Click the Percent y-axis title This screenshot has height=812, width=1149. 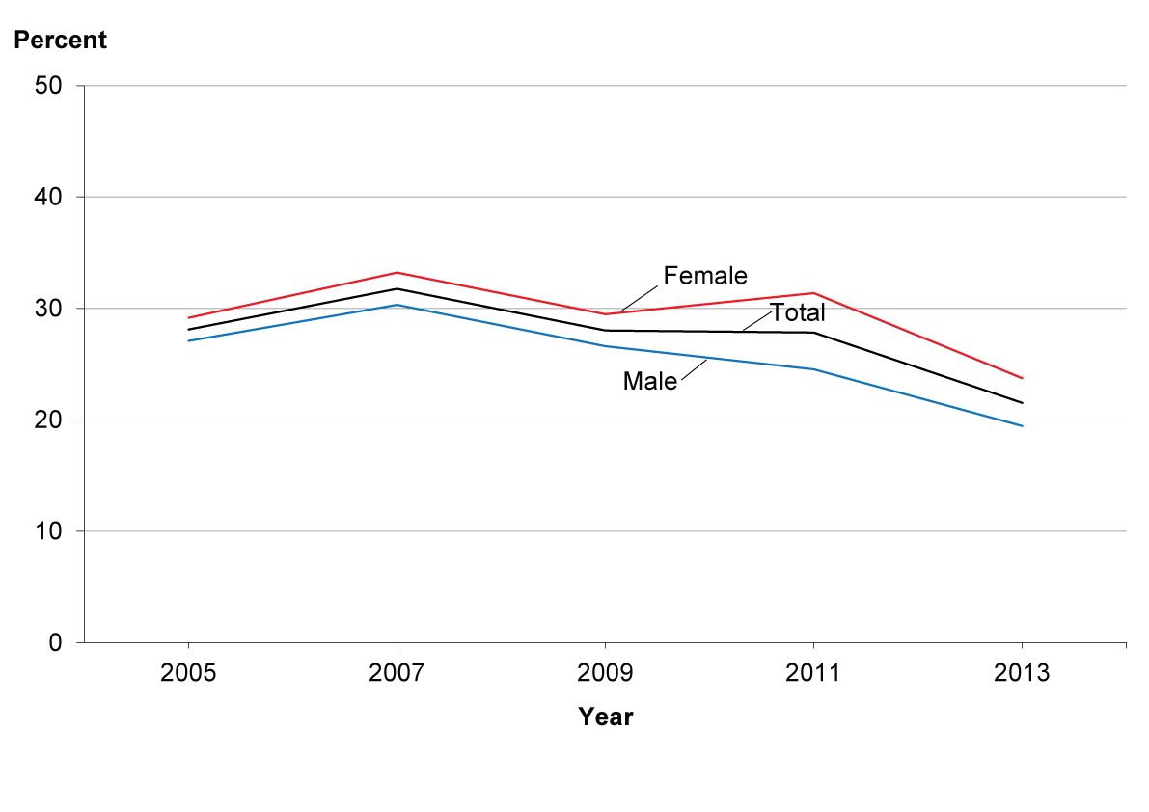click(x=60, y=40)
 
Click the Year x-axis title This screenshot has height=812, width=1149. click(x=605, y=717)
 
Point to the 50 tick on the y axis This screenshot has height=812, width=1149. click(x=48, y=86)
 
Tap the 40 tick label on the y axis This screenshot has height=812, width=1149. click(x=48, y=197)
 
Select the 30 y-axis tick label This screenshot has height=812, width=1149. click(x=48, y=309)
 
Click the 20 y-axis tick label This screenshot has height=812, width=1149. click(x=48, y=420)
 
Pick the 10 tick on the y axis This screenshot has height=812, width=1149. click(x=48, y=530)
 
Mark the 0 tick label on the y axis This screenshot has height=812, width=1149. click(x=56, y=643)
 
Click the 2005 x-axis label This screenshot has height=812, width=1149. click(x=188, y=672)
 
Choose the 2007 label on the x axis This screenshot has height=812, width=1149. click(x=397, y=672)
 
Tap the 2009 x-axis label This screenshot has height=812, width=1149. click(x=605, y=672)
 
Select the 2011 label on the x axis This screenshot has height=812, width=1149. click(x=813, y=672)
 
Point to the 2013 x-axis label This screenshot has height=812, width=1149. click(x=1022, y=672)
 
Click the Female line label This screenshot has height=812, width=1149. click(x=705, y=275)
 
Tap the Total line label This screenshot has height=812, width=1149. click(x=797, y=312)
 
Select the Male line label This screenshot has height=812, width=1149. click(x=650, y=381)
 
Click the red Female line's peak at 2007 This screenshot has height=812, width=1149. click(x=397, y=272)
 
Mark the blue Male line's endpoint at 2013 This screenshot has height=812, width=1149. click(x=1022, y=426)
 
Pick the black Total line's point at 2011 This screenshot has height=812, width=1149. click(x=813, y=333)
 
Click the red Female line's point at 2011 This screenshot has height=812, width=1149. click(x=813, y=293)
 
